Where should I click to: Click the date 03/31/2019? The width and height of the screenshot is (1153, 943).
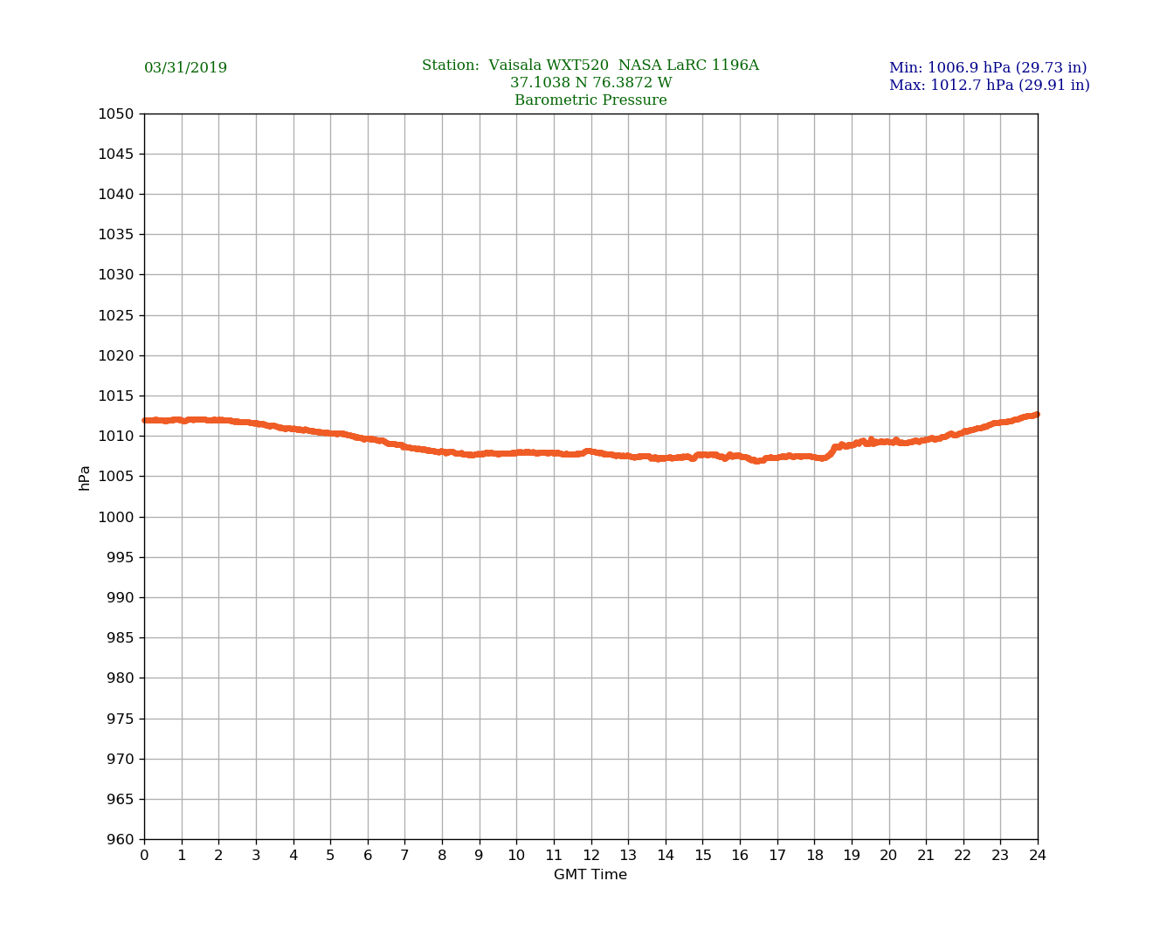[x=185, y=68]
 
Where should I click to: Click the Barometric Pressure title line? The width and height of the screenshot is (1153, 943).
[x=590, y=100]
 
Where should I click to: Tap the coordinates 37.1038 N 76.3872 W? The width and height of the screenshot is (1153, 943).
[x=590, y=83]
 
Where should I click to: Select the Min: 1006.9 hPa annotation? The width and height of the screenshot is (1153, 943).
[x=988, y=68]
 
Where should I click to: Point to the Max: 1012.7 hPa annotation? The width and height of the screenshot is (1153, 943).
[x=989, y=86]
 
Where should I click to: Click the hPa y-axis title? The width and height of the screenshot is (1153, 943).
[x=85, y=478]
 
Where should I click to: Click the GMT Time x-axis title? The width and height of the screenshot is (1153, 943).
[x=590, y=875]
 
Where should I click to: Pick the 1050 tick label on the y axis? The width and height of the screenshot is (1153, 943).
[x=116, y=114]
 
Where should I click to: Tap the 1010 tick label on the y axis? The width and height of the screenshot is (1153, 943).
[x=116, y=437]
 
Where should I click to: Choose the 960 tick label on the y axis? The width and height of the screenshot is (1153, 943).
[x=120, y=840]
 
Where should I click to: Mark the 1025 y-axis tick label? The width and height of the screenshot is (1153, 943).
[x=116, y=315]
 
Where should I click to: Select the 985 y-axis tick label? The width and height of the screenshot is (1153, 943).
[x=120, y=638]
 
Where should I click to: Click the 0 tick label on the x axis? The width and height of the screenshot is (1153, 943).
[x=144, y=856]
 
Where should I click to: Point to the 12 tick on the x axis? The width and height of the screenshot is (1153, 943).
[x=591, y=856]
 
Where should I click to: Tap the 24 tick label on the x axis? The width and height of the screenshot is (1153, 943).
[x=1038, y=856]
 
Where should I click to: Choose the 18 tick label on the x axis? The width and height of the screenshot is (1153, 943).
[x=814, y=856]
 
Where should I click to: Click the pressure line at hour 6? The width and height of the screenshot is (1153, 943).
[x=368, y=439]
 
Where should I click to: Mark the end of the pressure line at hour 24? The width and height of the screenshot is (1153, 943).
[x=1037, y=415]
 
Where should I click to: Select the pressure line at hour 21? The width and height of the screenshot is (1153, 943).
[x=926, y=440]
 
